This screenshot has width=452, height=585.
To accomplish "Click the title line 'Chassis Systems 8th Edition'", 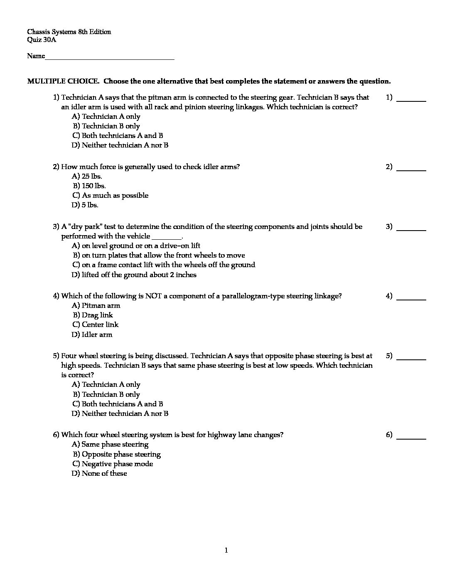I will (69, 32).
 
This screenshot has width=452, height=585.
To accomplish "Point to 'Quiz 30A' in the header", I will (42, 40).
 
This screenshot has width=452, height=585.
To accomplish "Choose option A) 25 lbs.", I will (87, 176).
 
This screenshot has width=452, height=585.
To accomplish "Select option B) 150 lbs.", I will (89, 186).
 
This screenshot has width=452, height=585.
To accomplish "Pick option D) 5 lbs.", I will (85, 205).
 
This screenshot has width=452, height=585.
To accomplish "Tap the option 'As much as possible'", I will (111, 195).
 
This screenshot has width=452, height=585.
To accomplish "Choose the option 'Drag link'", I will (93, 315).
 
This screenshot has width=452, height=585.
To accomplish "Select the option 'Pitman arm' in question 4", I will (96, 305).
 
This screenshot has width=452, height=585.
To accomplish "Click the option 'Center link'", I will (96, 324).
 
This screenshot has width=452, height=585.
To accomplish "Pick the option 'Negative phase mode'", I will (113, 464).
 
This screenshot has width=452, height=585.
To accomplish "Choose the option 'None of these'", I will (100, 473).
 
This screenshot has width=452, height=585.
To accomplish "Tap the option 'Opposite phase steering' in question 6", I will (117, 454).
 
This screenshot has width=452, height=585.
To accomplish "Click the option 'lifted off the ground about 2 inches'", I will (134, 275).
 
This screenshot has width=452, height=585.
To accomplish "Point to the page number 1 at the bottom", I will (226, 551).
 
